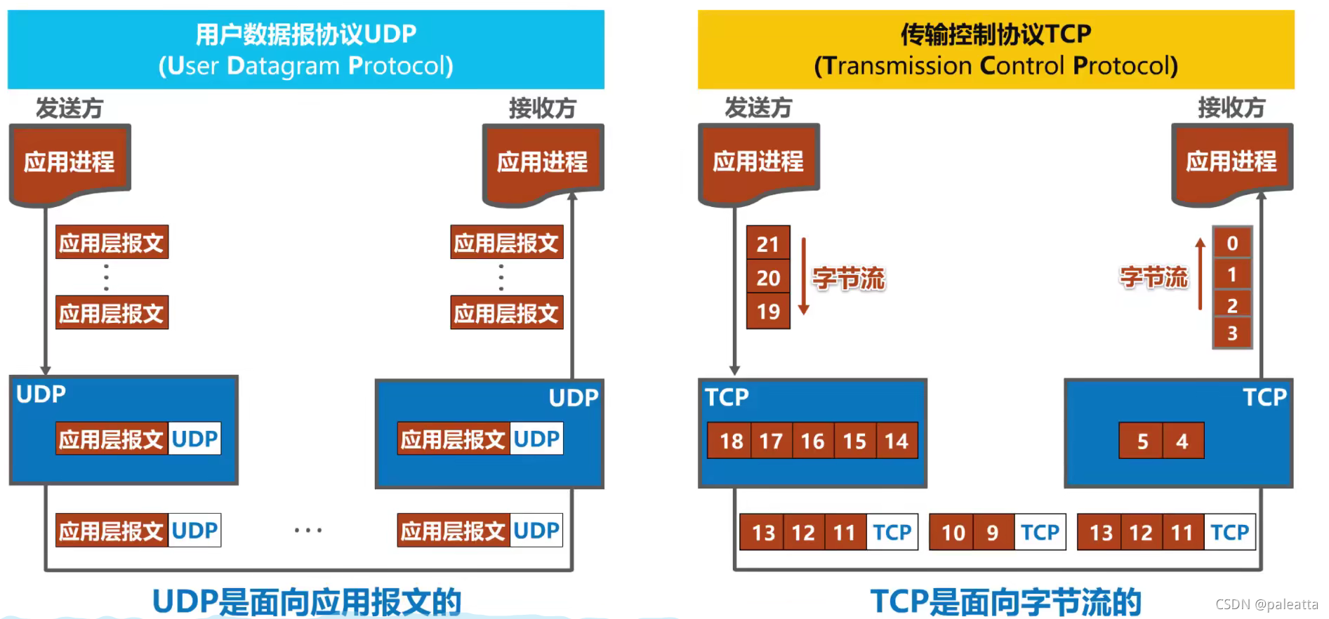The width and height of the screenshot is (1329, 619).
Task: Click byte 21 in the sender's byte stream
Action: [768, 244]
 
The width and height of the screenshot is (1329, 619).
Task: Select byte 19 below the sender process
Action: [768, 312]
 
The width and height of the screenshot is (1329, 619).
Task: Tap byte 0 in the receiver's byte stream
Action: [1232, 244]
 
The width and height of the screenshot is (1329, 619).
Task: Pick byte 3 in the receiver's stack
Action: [1232, 333]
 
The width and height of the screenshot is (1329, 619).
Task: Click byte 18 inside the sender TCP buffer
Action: [730, 441]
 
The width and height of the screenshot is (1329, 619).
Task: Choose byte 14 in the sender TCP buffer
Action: [897, 441]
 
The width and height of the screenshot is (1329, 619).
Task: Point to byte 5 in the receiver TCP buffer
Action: [1142, 441]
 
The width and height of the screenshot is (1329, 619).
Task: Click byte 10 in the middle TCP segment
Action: [953, 533]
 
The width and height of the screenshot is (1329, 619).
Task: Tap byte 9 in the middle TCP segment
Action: [993, 533]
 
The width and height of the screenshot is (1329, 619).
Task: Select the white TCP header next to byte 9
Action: [1040, 533]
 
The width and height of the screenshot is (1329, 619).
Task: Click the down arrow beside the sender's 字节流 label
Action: [804, 277]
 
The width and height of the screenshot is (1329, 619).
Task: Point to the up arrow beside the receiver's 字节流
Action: [1201, 274]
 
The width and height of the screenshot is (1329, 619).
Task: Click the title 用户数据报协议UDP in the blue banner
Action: [306, 34]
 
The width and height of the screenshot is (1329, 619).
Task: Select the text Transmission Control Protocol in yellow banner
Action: [996, 66]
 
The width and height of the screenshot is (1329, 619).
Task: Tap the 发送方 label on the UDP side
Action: [70, 109]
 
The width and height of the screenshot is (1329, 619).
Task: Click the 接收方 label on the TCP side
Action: [1231, 108]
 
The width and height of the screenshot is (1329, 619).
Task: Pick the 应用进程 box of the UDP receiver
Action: [543, 163]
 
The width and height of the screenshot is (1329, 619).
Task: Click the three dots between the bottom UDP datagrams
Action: [308, 531]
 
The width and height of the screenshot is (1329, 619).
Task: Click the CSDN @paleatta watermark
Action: [1267, 604]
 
